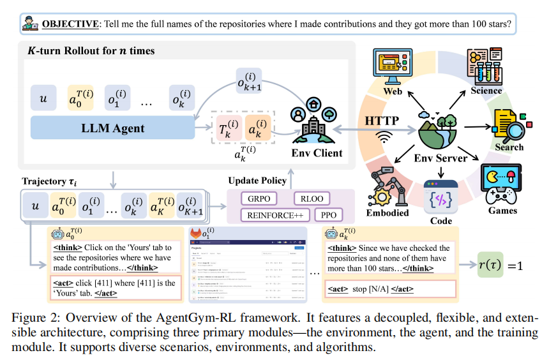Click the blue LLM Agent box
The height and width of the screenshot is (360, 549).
(112, 128)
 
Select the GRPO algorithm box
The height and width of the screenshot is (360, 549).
(259, 197)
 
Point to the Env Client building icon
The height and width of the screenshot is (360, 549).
(313, 124)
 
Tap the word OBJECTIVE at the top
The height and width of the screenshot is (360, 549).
(70, 24)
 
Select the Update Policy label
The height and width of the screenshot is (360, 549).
(257, 181)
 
